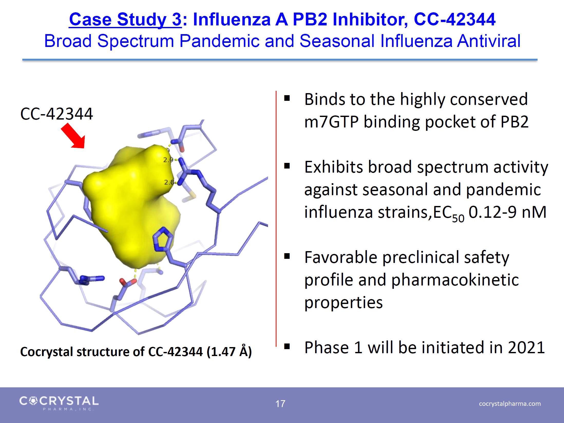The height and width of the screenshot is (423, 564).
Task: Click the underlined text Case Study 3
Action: (x=125, y=19)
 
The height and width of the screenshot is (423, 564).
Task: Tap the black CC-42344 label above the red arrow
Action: (x=56, y=114)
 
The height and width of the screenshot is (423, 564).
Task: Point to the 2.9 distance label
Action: (x=168, y=160)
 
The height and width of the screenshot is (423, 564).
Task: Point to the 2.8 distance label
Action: (x=169, y=182)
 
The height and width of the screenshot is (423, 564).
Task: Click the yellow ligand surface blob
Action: (x=131, y=205)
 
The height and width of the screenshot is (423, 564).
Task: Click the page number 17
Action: (x=280, y=404)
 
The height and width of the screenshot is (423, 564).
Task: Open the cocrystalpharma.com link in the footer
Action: (x=510, y=404)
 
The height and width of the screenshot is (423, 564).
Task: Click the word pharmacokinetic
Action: (x=455, y=280)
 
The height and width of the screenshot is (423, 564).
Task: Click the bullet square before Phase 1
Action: (x=287, y=347)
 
